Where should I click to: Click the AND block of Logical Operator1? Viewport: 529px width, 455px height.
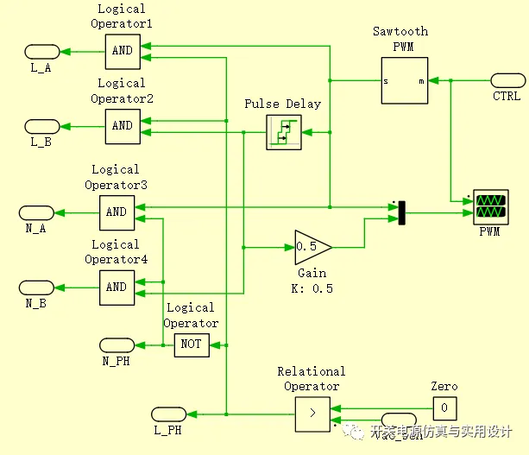tap(122, 50)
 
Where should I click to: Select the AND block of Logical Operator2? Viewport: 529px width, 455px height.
tap(122, 125)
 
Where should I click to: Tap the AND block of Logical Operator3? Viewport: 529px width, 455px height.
tap(116, 212)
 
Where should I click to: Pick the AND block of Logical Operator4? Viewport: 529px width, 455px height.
tap(116, 287)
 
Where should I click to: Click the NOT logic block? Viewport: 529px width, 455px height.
tap(191, 344)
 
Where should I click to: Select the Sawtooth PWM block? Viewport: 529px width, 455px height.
tap(405, 81)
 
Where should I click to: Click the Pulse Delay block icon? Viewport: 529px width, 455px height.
tap(282, 132)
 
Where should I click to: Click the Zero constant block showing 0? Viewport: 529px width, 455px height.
tap(444, 408)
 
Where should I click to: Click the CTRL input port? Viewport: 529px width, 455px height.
tap(507, 80)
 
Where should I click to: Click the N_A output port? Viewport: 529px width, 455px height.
tap(36, 212)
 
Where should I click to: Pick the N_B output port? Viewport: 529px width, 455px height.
tap(36, 287)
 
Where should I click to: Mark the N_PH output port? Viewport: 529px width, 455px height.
tap(117, 344)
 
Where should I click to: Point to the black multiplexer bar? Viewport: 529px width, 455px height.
tap(401, 212)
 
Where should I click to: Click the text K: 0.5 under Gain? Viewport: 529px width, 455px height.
tap(312, 288)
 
